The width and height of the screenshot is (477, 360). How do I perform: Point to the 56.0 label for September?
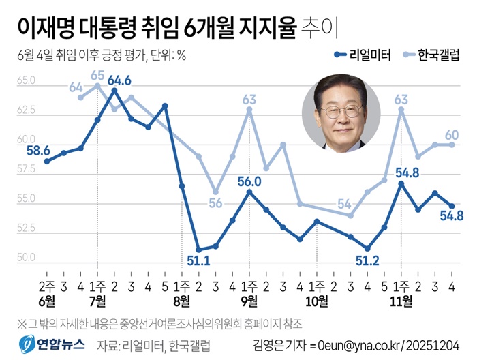pyautogui.click(x=249, y=181)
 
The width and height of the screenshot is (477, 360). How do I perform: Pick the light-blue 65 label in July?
pyautogui.click(x=97, y=75)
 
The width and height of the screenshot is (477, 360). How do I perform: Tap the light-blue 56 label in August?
pyautogui.click(x=216, y=202)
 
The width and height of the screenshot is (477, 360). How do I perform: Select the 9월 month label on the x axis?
pyautogui.click(x=249, y=300)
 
